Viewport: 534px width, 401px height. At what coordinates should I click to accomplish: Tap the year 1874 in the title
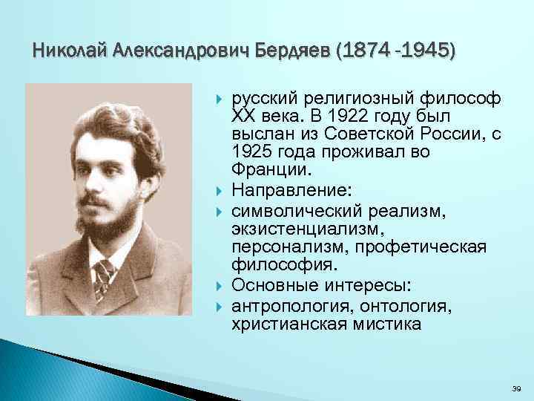pos(369,50)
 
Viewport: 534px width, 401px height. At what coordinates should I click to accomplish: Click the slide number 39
pos(517,388)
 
